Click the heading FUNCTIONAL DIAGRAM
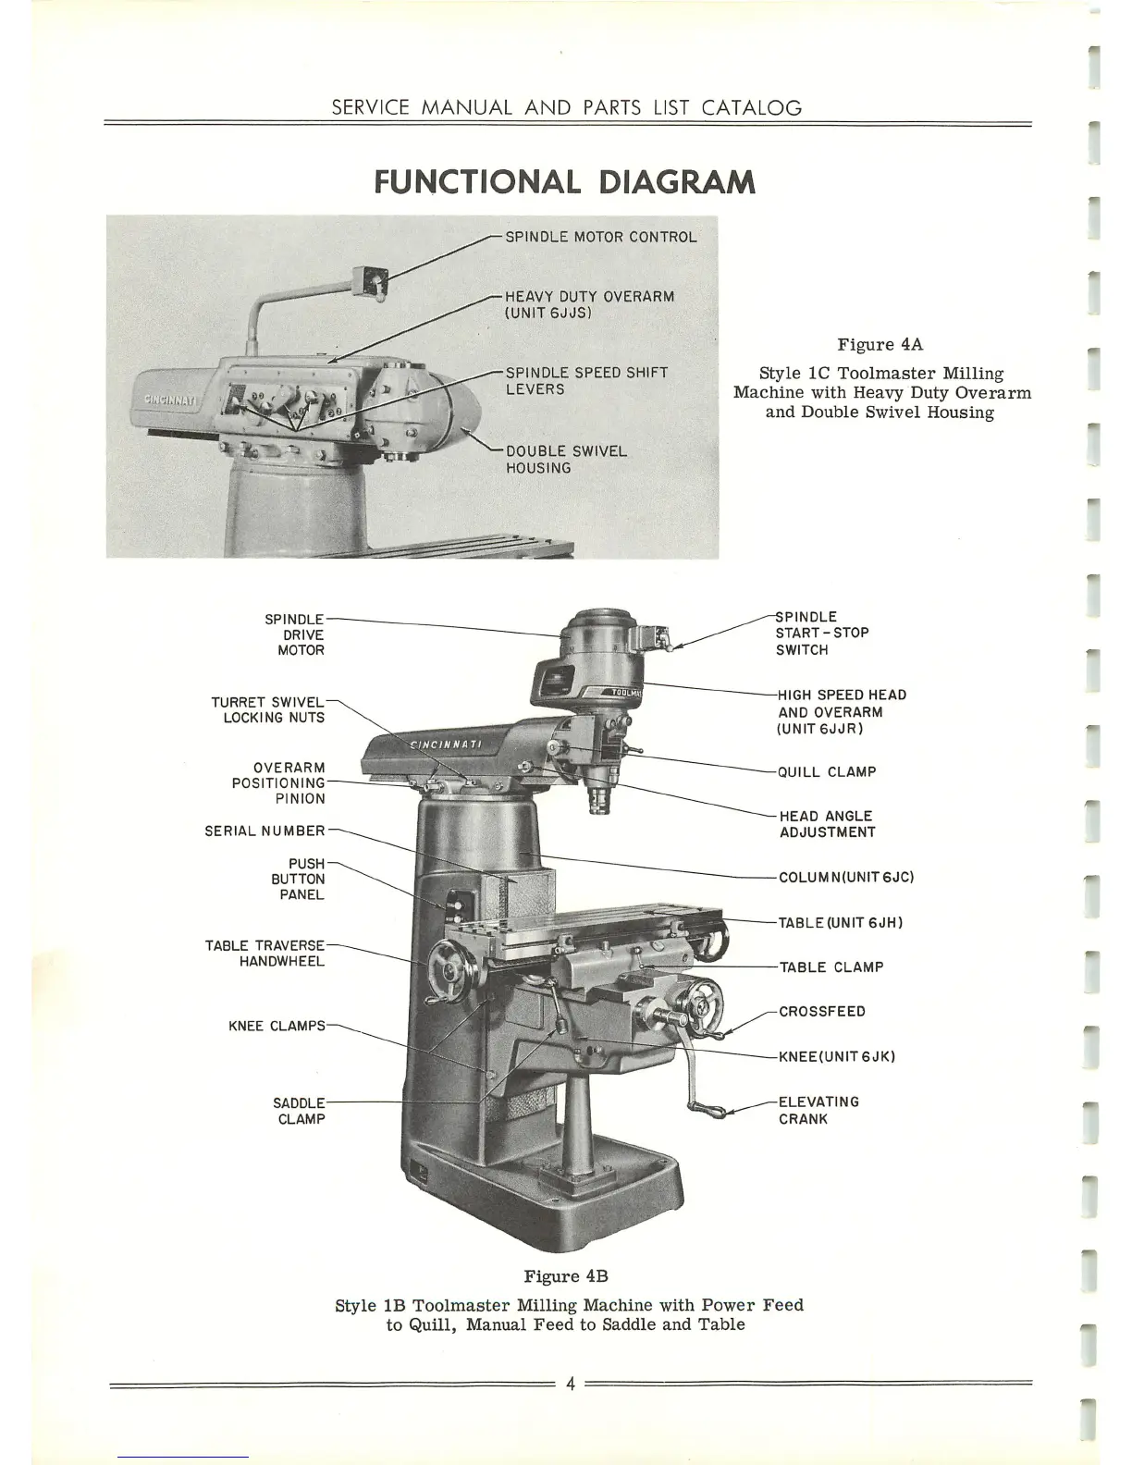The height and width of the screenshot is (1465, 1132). (x=565, y=182)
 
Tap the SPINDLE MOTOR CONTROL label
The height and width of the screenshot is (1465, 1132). (x=600, y=237)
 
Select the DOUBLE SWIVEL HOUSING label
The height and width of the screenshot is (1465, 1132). (x=566, y=460)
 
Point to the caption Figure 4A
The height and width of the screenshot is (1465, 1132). (x=880, y=345)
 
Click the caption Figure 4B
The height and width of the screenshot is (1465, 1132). (x=566, y=1276)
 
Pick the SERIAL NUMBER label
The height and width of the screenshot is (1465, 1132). (x=265, y=831)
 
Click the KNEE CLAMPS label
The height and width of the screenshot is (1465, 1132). (x=277, y=1027)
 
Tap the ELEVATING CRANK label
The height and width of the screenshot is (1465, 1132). (x=818, y=1110)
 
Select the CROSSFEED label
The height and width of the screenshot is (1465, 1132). (x=822, y=1012)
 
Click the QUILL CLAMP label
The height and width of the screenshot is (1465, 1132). (x=827, y=771)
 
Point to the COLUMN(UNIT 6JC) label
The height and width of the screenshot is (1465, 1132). (x=846, y=877)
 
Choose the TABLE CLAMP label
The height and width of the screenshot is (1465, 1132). (x=831, y=967)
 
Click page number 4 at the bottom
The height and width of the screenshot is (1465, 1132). (x=571, y=1385)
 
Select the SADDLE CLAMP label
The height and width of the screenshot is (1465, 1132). (x=299, y=1111)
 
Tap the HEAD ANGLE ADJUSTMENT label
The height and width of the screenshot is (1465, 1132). (x=827, y=824)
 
